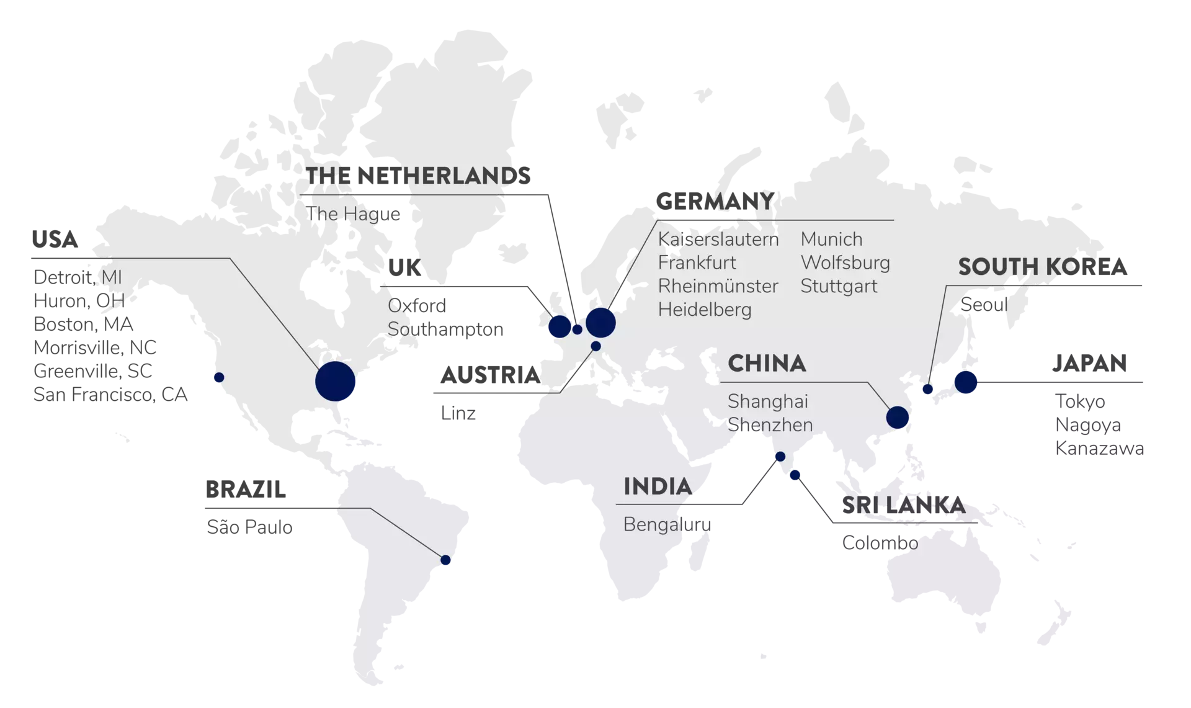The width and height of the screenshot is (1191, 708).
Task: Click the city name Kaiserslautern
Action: click(x=718, y=240)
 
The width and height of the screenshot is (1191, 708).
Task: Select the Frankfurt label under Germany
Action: click(x=697, y=263)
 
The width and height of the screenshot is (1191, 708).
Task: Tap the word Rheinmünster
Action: click(x=718, y=287)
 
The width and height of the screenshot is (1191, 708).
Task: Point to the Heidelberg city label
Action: click(x=705, y=310)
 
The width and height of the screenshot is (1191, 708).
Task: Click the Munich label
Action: click(x=831, y=240)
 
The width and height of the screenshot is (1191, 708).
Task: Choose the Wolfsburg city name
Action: click(x=845, y=263)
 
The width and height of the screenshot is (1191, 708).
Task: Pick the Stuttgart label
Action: click(x=839, y=287)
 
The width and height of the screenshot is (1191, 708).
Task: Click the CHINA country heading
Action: click(x=767, y=363)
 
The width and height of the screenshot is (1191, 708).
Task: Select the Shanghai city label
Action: click(x=768, y=402)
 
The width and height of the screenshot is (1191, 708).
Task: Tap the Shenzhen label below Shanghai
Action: click(x=770, y=426)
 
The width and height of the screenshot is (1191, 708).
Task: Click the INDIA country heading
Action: click(x=658, y=486)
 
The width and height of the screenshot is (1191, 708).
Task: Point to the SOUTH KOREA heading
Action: click(x=1042, y=267)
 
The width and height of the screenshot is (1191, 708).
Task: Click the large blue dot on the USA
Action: click(x=336, y=382)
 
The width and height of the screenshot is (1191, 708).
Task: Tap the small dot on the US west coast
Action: click(x=218, y=377)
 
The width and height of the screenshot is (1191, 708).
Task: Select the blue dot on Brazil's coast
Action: click(x=445, y=560)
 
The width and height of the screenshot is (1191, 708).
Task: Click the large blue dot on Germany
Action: click(x=600, y=322)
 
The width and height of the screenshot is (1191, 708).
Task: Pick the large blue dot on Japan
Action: click(x=966, y=382)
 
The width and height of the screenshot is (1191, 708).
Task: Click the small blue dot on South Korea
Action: click(x=928, y=390)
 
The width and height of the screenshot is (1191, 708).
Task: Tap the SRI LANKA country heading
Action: click(x=903, y=506)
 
